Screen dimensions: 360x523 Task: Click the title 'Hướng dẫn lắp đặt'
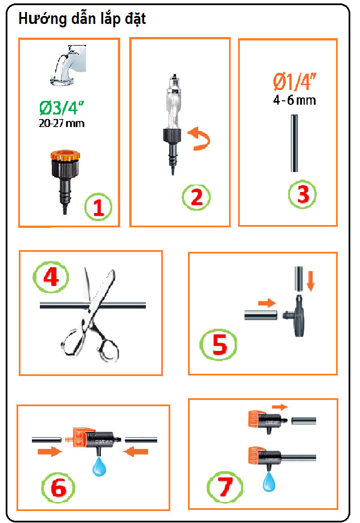click(82, 19)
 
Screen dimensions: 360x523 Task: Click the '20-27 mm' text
click(62, 124)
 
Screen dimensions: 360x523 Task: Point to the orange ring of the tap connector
click(66, 156)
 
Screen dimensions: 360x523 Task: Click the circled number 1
click(98, 207)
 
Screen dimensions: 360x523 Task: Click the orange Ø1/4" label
click(294, 81)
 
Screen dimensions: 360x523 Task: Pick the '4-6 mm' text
click(294, 100)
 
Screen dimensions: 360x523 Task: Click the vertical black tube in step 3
click(294, 144)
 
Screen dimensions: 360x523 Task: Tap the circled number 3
click(302, 194)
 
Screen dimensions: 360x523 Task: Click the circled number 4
click(51, 276)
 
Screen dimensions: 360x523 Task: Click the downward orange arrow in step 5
click(310, 281)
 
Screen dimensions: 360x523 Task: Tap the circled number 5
click(219, 344)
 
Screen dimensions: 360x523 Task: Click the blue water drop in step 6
click(99, 466)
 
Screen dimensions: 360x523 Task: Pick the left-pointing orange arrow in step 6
click(136, 452)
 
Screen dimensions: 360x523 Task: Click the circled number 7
click(225, 487)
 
